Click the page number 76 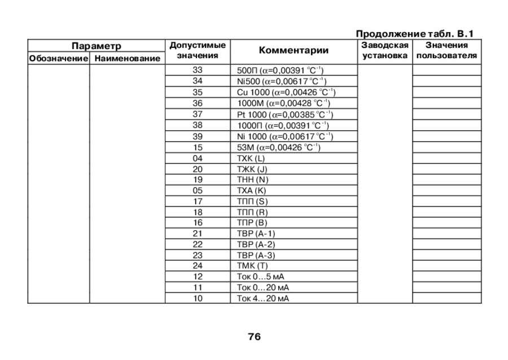point(254,337)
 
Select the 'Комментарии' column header point(294,51)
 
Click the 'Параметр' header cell point(96,46)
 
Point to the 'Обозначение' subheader point(58,58)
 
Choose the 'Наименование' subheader point(126,58)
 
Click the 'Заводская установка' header point(384,50)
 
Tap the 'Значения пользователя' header point(446,50)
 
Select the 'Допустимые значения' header point(198,50)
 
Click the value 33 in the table point(198,70)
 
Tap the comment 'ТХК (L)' point(251,158)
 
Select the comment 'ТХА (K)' point(252,191)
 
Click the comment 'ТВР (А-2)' point(256,245)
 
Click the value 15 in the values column point(198,147)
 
